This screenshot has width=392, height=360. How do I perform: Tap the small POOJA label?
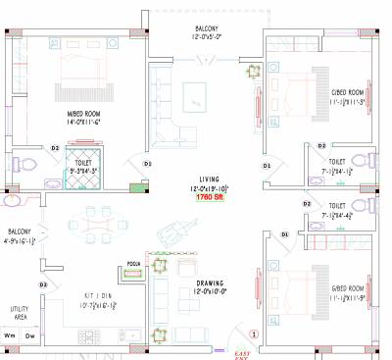coord(135,264)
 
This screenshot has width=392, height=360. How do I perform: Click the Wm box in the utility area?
coord(12,336)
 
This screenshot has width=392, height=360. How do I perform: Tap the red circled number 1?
coord(254,334)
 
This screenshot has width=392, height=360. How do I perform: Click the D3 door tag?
coord(147,163)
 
